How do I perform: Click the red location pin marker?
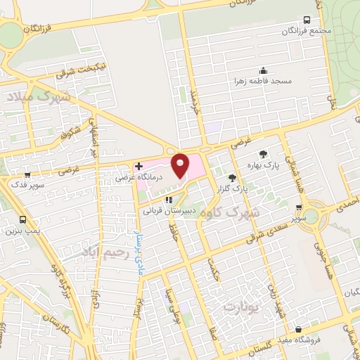tap(181, 166)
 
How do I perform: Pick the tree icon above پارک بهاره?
tap(263, 154)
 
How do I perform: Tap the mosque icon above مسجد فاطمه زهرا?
tap(264, 70)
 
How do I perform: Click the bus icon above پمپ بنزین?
tap(23, 219)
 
